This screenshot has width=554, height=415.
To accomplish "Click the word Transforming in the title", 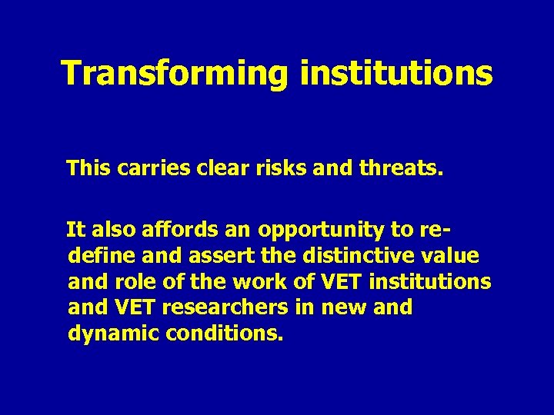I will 174,73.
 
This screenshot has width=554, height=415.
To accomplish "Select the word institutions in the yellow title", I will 395,73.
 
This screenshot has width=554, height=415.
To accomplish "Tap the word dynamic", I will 107,334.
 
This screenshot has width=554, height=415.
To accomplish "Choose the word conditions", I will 219,334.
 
